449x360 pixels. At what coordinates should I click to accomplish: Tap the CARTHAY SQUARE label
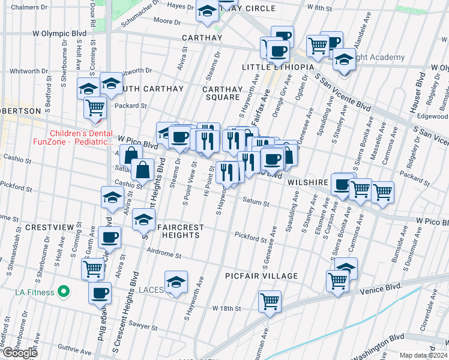pyautogui.click(x=223, y=93)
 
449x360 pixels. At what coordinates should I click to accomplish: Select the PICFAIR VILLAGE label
pyautogui.click(x=262, y=276)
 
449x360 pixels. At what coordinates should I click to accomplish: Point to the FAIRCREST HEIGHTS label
pyautogui.click(x=181, y=231)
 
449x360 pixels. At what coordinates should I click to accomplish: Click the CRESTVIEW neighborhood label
pyautogui.click(x=19, y=227)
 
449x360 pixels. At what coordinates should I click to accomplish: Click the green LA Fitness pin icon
pyautogui.click(x=62, y=293)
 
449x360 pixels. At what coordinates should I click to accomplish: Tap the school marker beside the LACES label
pyautogui.click(x=176, y=281)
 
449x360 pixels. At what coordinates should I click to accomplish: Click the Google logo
pyautogui.click(x=20, y=353)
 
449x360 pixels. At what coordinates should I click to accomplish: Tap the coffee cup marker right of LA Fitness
pyautogui.click(x=100, y=293)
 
